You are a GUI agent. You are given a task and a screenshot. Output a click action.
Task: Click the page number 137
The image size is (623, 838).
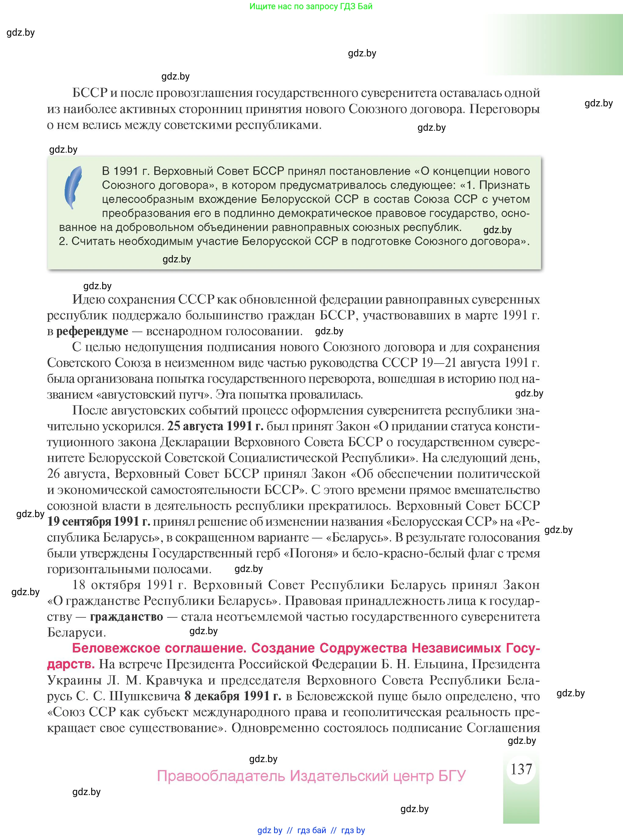[x=521, y=769]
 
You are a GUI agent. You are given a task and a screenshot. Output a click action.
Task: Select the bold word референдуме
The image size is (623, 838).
[x=92, y=331]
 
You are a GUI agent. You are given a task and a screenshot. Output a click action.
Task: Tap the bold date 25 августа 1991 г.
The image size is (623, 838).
[x=215, y=426]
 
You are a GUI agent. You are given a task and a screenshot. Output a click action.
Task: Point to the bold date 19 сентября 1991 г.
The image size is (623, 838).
[x=99, y=521]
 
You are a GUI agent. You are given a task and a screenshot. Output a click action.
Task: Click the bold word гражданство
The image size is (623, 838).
[x=126, y=617]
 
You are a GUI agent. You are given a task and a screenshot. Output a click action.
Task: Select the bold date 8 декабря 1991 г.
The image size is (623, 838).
[x=233, y=696]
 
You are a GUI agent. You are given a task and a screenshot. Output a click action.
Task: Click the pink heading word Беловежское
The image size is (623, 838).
[x=115, y=648]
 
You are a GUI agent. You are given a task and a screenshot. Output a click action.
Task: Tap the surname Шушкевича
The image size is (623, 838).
[x=145, y=696]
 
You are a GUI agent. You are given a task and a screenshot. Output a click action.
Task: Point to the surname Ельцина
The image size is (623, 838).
[x=439, y=664]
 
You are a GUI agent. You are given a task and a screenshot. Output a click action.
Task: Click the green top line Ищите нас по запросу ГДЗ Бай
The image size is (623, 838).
[x=311, y=6]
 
